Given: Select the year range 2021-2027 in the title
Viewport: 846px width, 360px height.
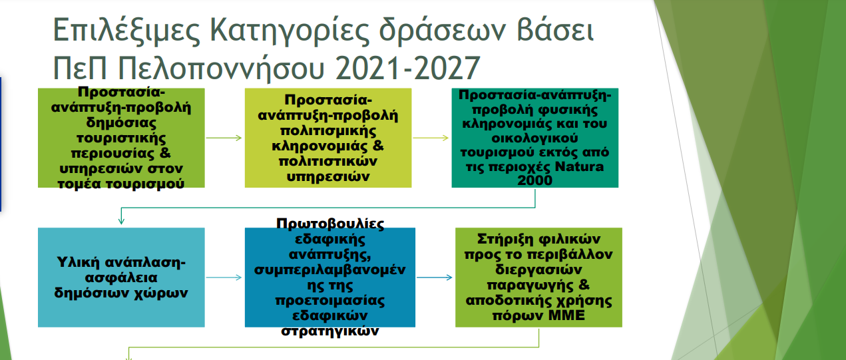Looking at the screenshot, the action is click(408, 68).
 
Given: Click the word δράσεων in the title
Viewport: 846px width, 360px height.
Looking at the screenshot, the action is click(442, 29).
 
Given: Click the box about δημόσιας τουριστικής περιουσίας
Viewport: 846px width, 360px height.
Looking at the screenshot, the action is click(121, 138).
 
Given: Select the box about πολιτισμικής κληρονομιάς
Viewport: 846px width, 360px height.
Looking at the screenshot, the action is click(328, 138).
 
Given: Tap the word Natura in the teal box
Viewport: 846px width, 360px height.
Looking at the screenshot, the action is click(579, 166).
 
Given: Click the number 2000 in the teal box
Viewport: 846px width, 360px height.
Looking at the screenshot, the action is click(534, 180).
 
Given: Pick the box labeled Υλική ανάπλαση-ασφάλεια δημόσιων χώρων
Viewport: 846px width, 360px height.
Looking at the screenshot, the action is click(121, 277).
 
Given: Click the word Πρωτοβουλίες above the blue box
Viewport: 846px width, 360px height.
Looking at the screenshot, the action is click(330, 224).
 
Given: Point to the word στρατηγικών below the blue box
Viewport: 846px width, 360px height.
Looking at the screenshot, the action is click(330, 331).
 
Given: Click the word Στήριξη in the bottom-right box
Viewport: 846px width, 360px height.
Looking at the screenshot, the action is click(503, 239).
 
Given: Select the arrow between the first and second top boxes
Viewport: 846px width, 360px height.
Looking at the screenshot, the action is click(224, 138).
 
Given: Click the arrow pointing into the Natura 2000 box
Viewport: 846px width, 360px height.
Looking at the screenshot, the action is click(431, 138).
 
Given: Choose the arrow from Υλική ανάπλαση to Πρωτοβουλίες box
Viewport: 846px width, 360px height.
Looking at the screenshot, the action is click(224, 277).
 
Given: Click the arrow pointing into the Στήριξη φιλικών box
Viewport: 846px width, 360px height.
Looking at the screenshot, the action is click(435, 277).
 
